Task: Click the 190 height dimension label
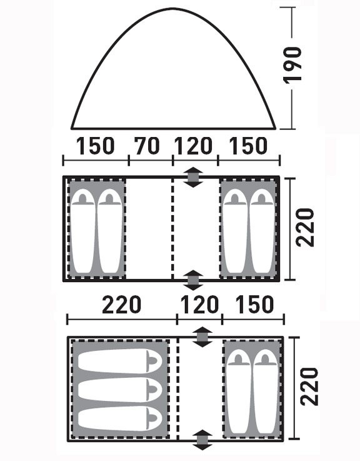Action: click(292, 64)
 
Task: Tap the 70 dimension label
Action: click(147, 146)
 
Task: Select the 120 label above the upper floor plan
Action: click(193, 146)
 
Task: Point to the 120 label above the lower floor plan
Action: click(199, 305)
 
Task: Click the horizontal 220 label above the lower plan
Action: click(122, 305)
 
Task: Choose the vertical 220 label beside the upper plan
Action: click(305, 227)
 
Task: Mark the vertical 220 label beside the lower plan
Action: click(309, 387)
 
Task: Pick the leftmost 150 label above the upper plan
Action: click(95, 146)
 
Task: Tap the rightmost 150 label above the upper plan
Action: click(248, 146)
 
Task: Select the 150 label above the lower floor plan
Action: click(255, 305)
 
